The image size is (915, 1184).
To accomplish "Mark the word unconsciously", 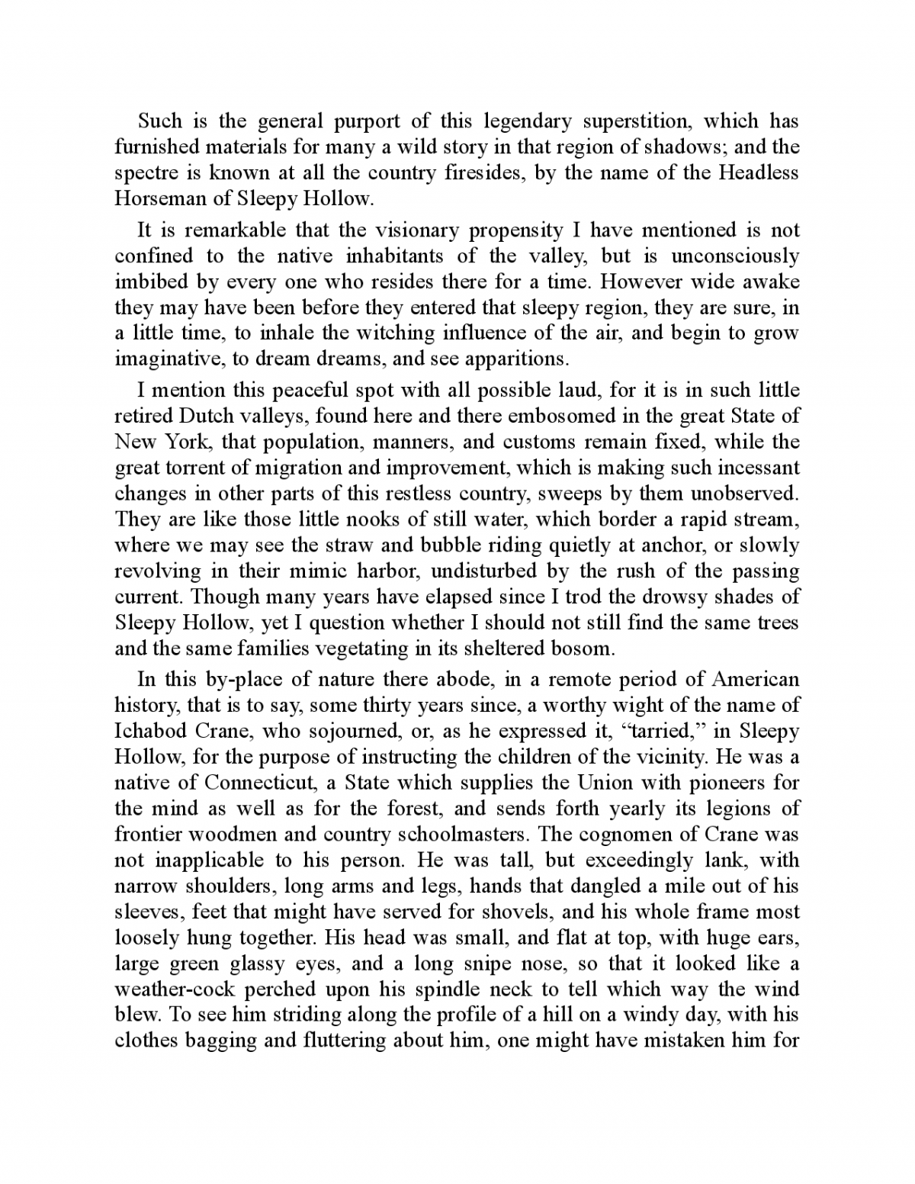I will (x=734, y=256).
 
